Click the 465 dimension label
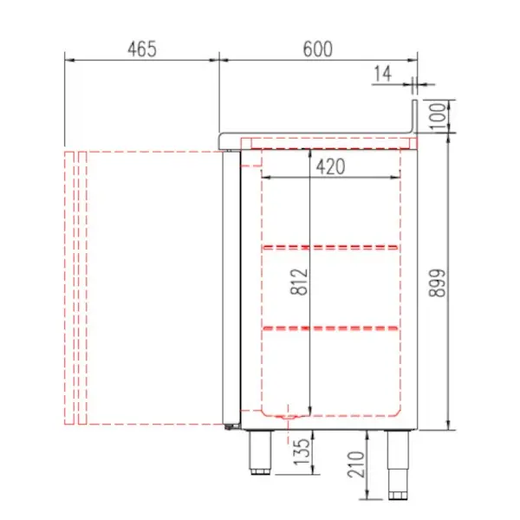pos(141,49)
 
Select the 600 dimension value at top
pos(318,49)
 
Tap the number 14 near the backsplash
pos(382,75)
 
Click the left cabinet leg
pos(259,452)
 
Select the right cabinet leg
pos(398,464)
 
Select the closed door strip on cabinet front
pos(230,286)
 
